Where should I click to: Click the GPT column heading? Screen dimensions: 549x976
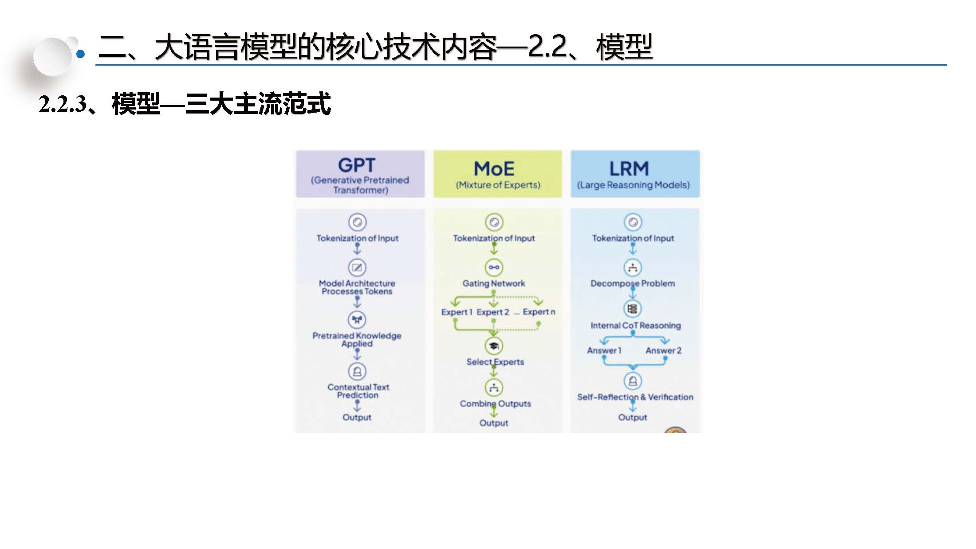pos(357,165)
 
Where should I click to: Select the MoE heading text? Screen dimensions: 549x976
pos(494,169)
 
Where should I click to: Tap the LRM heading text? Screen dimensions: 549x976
pos(629,169)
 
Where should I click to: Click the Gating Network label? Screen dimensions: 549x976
pos(494,283)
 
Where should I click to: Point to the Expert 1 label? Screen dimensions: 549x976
pos(457,312)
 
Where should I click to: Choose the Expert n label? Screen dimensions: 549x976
pos(539,312)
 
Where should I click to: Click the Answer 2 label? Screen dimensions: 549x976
pos(663,350)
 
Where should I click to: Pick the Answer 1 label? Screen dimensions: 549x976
pos(604,350)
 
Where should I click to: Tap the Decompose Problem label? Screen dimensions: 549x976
pos(633,283)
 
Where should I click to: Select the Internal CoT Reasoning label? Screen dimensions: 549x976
pos(635,325)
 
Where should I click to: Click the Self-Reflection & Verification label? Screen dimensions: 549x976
pos(635,397)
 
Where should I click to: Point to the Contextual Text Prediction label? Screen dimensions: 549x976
pos(358,391)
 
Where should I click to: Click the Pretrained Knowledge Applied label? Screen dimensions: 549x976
pos(357,340)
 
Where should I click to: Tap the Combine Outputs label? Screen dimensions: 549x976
pos(495,404)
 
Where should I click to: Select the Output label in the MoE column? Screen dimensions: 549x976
pos(494,423)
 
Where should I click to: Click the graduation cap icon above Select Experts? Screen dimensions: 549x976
pos(494,345)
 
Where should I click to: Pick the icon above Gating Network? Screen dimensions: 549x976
pos(494,267)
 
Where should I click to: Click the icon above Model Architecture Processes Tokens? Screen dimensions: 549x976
pos(357,267)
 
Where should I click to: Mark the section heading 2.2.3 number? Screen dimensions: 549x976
pos(63,105)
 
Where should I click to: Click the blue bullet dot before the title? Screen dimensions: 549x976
pos(81,54)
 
